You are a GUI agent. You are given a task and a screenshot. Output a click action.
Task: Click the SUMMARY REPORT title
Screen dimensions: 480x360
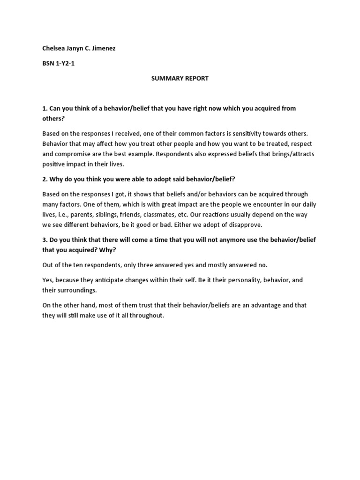coord(180,78)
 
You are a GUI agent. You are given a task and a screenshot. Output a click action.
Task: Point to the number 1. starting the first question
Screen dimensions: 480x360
coord(45,108)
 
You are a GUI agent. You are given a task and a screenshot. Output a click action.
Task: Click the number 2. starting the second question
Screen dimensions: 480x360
coord(45,179)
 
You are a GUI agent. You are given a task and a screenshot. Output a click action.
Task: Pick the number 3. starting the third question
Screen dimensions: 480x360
coord(45,240)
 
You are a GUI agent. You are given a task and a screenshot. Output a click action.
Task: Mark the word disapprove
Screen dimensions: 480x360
coord(245,225)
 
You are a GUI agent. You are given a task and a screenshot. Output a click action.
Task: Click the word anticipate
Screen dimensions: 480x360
coord(107,280)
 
